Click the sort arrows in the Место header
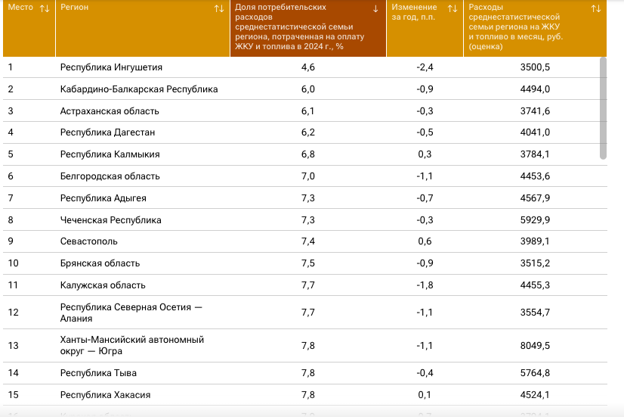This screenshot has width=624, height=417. (45, 8)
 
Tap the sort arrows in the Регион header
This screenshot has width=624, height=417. (219, 8)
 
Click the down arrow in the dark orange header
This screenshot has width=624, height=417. (375, 9)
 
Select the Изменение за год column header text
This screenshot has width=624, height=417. (414, 12)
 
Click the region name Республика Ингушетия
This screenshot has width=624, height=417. (111, 67)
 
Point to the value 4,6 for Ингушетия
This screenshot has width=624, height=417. (308, 67)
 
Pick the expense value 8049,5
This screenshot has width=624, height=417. (535, 345)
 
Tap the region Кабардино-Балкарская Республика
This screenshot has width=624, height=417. (139, 89)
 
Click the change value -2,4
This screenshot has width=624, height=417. (425, 67)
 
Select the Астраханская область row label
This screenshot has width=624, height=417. (110, 110)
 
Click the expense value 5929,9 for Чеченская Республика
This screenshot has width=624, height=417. (535, 219)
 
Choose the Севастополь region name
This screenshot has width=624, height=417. (88, 241)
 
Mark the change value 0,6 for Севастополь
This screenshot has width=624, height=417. (425, 241)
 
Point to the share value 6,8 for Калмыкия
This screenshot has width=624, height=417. (308, 154)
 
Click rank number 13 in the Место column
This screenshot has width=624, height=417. (13, 345)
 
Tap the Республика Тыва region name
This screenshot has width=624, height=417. (98, 373)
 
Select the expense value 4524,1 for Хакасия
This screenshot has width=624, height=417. (535, 395)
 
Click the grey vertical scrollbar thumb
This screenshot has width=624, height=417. (604, 108)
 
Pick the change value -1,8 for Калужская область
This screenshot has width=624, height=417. (425, 285)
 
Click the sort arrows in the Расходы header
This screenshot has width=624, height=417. (596, 8)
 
